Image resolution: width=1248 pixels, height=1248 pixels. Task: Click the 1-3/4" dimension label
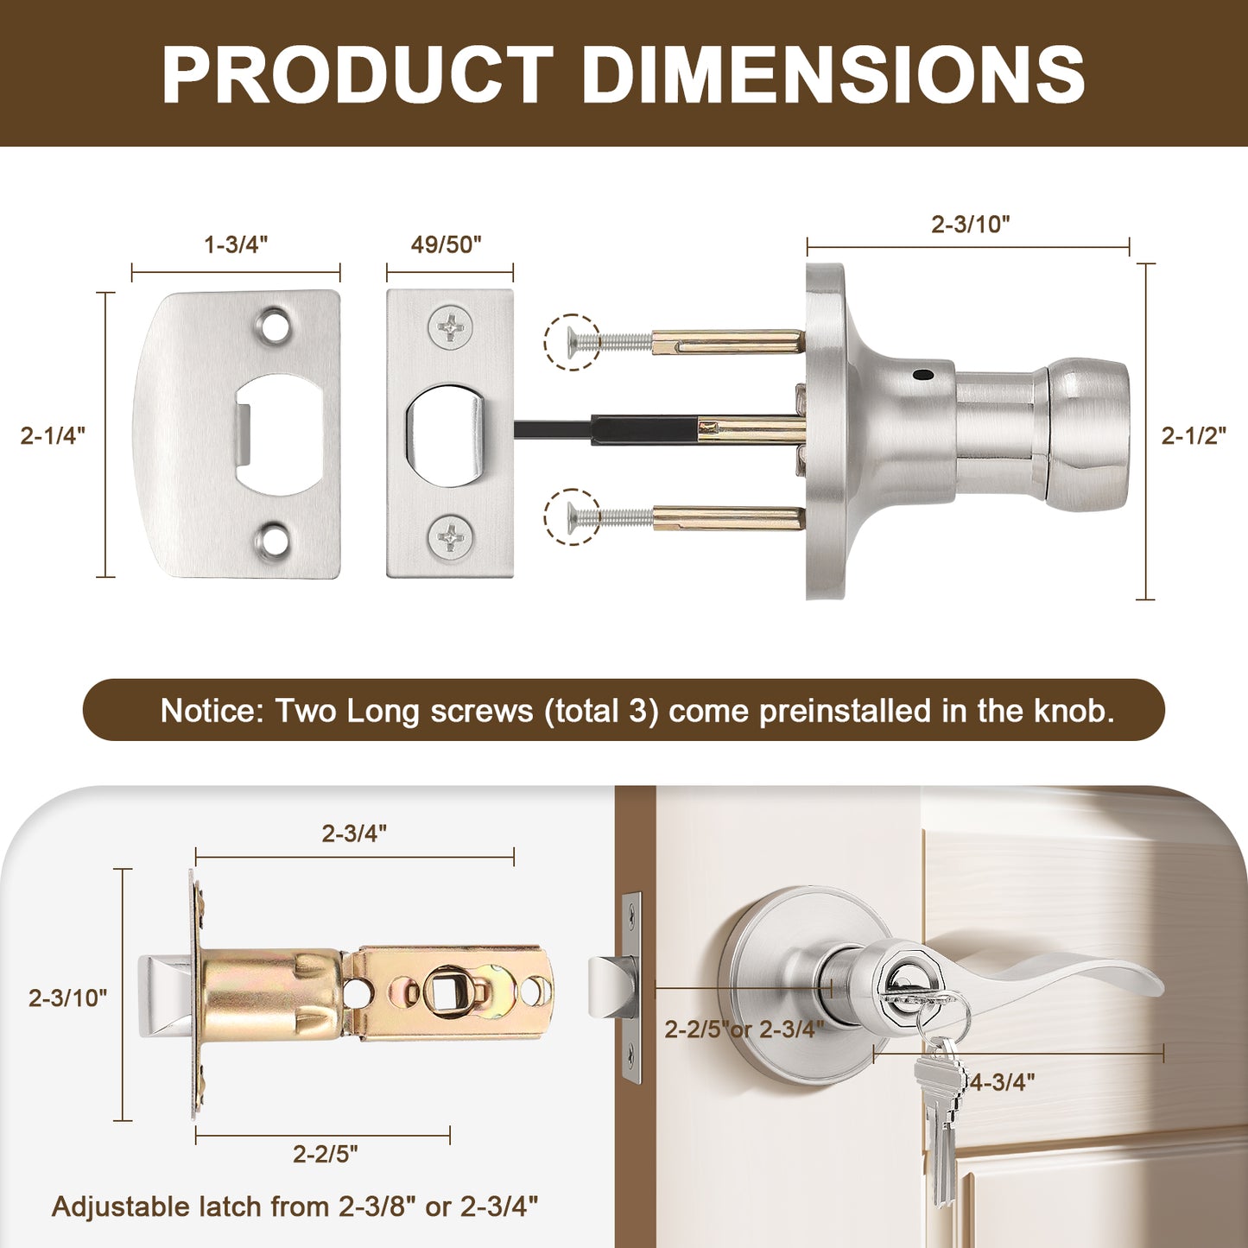click(x=236, y=244)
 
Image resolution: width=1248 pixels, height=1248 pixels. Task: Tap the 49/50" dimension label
click(x=447, y=244)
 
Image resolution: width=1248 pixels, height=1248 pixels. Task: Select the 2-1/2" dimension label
click(x=1194, y=436)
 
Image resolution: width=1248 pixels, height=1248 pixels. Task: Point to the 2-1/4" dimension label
click(x=53, y=436)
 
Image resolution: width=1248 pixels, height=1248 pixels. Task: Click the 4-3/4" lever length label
click(x=1003, y=1081)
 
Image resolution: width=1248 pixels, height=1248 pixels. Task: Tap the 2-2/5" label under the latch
click(x=325, y=1154)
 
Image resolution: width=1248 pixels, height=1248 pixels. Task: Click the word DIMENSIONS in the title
click(x=833, y=74)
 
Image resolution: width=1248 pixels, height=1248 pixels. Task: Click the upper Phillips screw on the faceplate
click(x=450, y=327)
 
